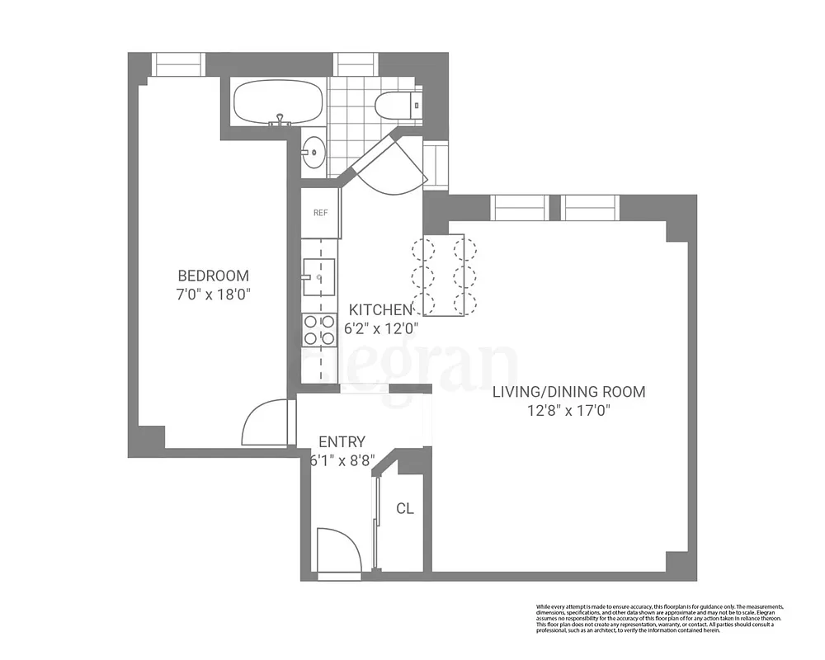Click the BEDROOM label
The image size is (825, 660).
(x=214, y=276)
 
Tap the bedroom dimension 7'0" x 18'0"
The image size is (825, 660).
(x=214, y=295)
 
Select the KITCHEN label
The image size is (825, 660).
(x=379, y=310)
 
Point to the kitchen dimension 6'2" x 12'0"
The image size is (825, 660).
(x=381, y=328)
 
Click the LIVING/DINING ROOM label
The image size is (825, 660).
(x=568, y=392)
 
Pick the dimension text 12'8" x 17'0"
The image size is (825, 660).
(x=568, y=410)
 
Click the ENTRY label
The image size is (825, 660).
(x=342, y=442)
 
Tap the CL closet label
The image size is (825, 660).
(x=404, y=509)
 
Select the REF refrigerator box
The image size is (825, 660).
(x=320, y=213)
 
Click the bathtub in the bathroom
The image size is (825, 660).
(x=276, y=104)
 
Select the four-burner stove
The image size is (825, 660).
(x=319, y=330)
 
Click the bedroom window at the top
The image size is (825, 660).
(x=177, y=64)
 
